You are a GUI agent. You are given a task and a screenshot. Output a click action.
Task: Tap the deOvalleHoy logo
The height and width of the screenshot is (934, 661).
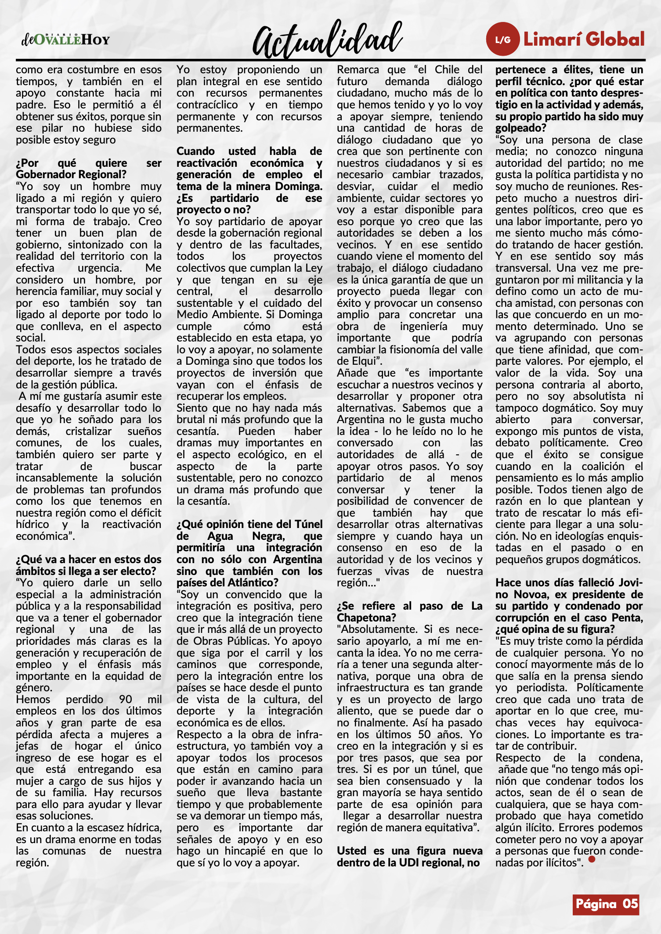tap(65, 40)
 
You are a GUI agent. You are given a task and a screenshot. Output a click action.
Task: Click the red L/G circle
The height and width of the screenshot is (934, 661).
tap(503, 40)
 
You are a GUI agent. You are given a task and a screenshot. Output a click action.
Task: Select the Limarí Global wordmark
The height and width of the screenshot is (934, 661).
tap(584, 40)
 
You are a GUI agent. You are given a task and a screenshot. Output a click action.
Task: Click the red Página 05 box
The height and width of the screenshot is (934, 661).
tap(606, 904)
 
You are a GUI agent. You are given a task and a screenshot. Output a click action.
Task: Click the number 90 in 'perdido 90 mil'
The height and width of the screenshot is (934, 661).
tap(126, 699)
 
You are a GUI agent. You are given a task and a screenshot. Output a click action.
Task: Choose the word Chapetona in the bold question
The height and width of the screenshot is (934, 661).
tap(366, 618)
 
